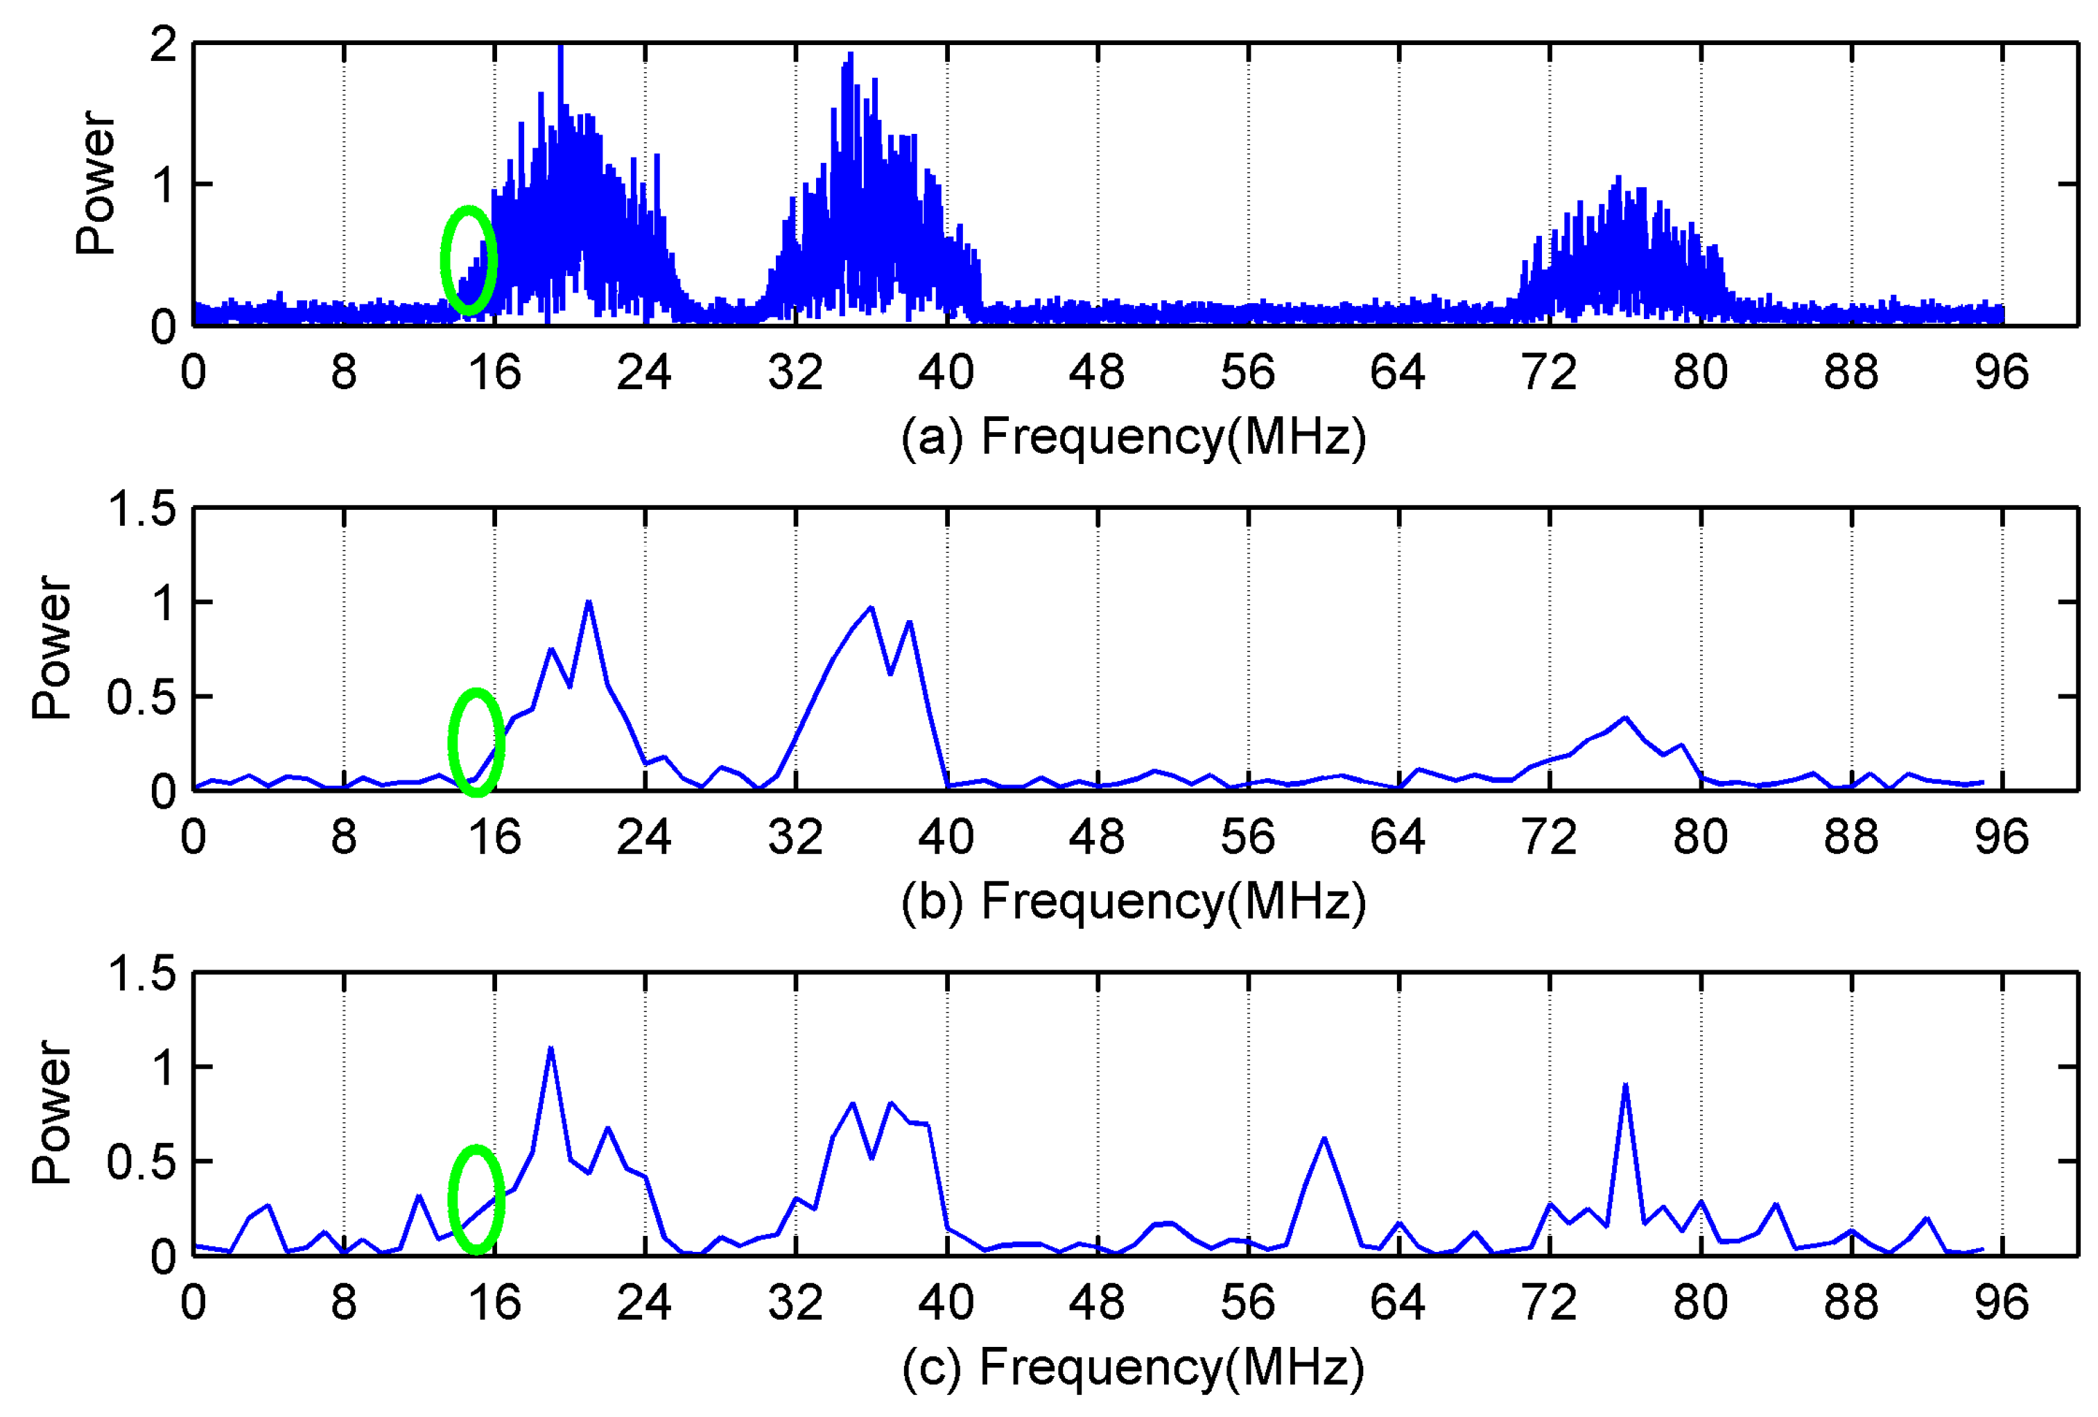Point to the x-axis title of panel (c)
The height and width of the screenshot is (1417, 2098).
tap(1133, 1367)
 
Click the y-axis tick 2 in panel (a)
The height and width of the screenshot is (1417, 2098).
tap(164, 44)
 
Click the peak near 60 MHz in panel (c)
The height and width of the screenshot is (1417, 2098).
tap(1324, 1139)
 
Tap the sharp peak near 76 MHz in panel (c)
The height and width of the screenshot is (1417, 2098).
tap(1625, 1085)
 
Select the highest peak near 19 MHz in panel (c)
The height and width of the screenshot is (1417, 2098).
tap(550, 1049)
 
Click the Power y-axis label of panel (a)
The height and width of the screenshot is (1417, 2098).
tap(96, 183)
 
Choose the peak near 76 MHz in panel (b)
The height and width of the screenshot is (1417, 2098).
tap(1625, 718)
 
